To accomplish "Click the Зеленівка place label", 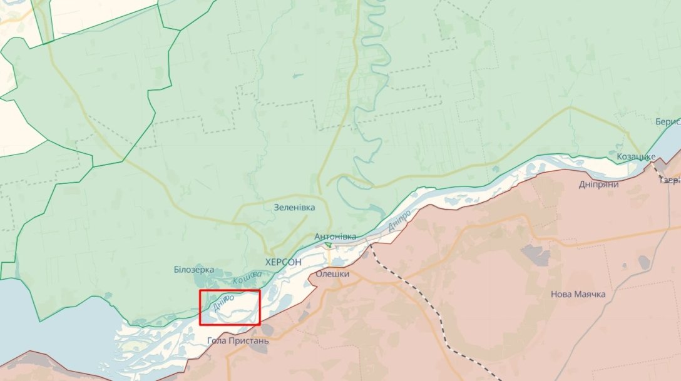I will click(294, 207).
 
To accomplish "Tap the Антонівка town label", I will click(335, 236).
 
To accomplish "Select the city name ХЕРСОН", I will click(283, 263).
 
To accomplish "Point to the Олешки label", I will click(332, 274).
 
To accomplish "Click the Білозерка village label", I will click(194, 270).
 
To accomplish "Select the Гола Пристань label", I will click(238, 341).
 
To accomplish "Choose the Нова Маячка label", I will click(578, 294).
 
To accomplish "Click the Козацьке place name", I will click(636, 156).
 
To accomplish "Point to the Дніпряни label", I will click(598, 185).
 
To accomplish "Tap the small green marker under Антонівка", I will click(328, 245).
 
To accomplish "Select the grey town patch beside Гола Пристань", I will click(268, 330).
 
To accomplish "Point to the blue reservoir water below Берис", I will click(670, 147).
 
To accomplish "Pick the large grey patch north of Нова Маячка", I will click(535, 253).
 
